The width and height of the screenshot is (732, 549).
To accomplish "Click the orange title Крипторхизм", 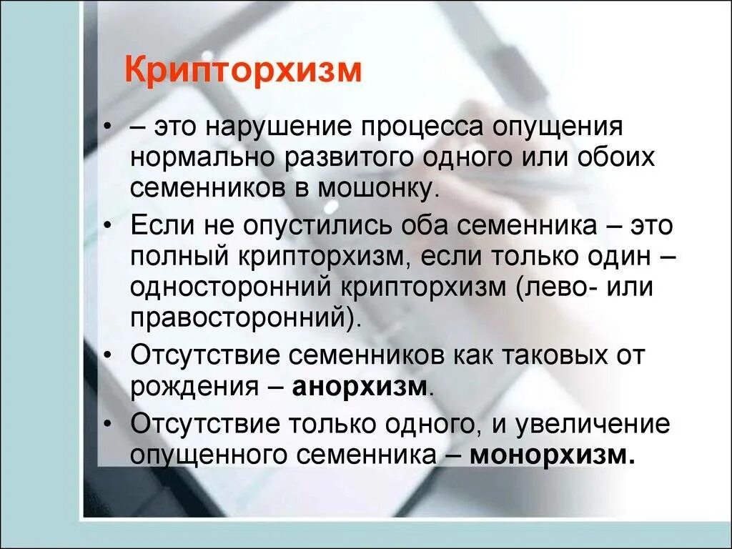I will [243, 72].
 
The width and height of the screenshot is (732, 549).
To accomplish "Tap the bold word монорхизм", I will [552, 454].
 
